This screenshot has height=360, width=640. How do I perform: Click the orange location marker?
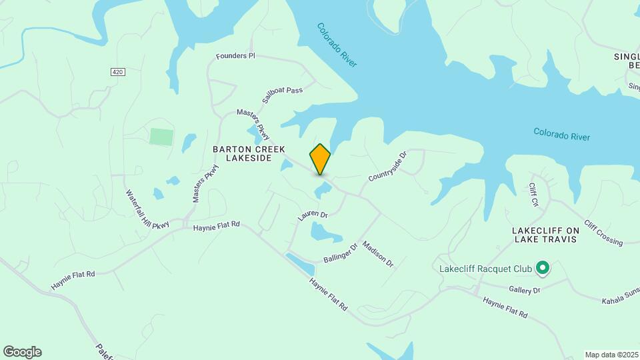[x=320, y=159]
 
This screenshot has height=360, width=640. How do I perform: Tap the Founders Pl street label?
[x=235, y=56]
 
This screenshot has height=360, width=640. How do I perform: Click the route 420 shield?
[x=118, y=71]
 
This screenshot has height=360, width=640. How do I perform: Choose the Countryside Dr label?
[x=387, y=167]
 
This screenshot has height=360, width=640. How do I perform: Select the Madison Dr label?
[x=378, y=254]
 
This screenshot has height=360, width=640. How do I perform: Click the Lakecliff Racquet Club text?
[x=485, y=269]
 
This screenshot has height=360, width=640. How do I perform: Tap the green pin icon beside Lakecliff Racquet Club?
[x=543, y=269]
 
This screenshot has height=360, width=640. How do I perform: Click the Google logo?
[x=22, y=352]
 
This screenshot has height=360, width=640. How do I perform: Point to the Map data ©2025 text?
[x=611, y=355]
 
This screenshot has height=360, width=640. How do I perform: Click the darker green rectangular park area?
[x=161, y=137]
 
